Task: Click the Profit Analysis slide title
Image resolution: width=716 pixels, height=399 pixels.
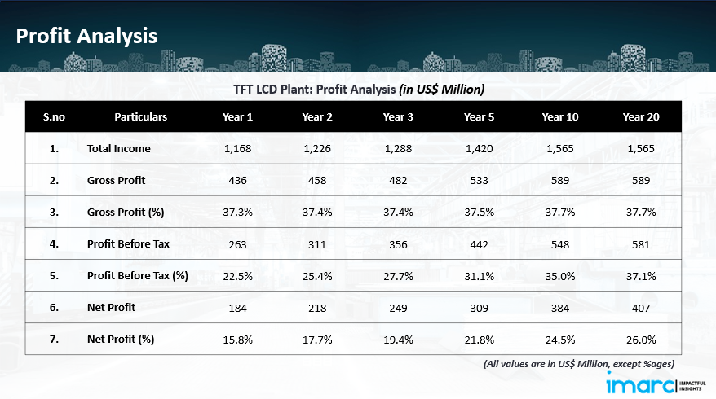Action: [86, 36]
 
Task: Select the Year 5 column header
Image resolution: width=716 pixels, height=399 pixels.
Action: [480, 117]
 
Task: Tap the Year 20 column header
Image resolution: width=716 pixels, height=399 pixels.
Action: [640, 117]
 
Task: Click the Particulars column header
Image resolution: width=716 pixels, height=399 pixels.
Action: [140, 117]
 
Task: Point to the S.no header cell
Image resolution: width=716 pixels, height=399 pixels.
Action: [54, 117]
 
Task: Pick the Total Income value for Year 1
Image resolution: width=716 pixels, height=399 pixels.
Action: [238, 148]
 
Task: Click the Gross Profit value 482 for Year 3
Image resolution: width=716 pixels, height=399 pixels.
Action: [398, 180]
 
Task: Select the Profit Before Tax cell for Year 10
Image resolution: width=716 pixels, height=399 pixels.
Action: [560, 243]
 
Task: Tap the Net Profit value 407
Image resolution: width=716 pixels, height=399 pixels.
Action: [640, 308]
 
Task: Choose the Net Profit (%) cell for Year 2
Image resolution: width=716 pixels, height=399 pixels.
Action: [318, 340]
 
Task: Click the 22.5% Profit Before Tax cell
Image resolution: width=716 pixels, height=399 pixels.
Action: [238, 276]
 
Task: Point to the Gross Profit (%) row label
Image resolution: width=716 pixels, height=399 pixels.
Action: [126, 212]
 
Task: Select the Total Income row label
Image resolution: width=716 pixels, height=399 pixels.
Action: [119, 148]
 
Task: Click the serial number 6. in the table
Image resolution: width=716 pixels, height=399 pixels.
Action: [54, 308]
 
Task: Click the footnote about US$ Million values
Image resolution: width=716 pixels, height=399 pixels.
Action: [579, 364]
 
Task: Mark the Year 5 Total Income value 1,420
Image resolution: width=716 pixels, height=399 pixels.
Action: [480, 148]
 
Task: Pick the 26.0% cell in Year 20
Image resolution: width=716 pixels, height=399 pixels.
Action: [640, 340]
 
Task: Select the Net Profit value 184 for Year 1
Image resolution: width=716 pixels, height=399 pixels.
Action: [238, 308]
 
